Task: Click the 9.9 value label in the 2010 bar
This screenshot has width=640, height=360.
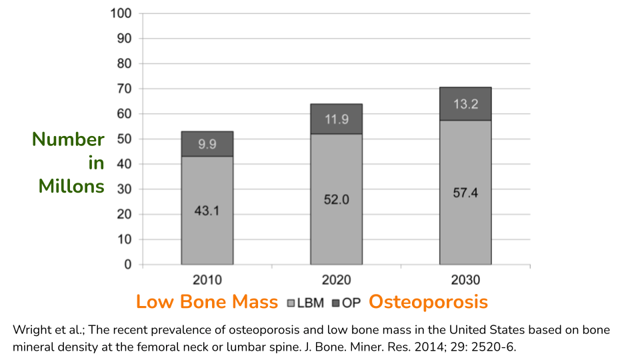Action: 207,144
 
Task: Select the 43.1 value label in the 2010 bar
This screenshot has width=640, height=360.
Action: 207,211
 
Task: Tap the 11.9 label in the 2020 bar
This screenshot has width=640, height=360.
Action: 337,119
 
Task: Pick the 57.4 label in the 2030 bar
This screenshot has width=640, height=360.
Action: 465,193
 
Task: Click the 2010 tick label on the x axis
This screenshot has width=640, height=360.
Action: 207,280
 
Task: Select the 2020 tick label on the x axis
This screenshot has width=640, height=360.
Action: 337,280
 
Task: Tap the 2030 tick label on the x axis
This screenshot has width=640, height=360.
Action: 465,280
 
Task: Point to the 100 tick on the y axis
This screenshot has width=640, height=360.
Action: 123,13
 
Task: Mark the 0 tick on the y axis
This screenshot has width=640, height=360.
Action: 128,265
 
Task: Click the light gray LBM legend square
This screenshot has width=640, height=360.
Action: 291,303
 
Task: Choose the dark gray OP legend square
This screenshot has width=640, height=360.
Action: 336,303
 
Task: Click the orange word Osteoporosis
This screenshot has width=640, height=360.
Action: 428,302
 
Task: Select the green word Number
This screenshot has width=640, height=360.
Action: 68,139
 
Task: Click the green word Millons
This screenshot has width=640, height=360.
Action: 71,185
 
